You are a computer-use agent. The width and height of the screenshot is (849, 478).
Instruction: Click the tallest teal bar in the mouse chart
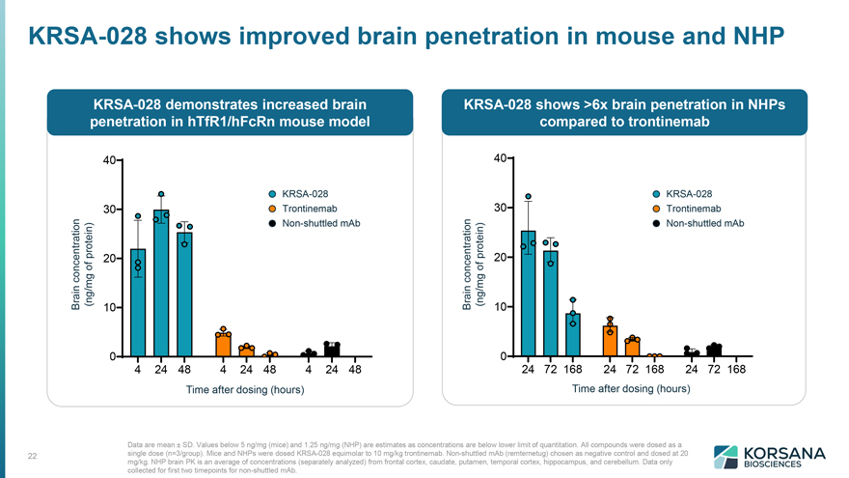[x=161, y=283]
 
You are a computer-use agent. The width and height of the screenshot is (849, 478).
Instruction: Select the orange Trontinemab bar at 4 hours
[x=223, y=346]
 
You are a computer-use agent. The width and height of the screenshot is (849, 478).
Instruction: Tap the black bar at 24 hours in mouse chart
[x=332, y=351]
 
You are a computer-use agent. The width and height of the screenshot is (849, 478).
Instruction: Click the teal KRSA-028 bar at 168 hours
[x=573, y=335]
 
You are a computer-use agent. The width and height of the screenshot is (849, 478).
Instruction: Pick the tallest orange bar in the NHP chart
[x=610, y=341]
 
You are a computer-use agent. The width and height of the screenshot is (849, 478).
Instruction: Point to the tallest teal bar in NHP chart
[x=528, y=294]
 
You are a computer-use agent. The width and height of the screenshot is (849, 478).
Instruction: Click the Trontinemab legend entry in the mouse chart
[x=303, y=209]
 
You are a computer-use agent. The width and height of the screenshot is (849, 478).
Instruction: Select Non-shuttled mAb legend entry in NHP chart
[x=698, y=223]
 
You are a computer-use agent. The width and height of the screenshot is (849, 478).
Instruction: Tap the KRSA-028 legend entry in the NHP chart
[x=682, y=194]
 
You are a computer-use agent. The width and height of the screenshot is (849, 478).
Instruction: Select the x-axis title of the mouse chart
[x=245, y=390]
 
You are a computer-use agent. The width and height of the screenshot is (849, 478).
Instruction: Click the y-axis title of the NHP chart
[x=474, y=265]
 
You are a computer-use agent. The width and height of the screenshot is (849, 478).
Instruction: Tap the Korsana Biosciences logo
[x=770, y=457]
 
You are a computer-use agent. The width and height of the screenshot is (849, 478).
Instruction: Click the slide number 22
[x=33, y=456]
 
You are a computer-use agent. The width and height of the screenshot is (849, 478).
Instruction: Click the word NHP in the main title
[x=758, y=36]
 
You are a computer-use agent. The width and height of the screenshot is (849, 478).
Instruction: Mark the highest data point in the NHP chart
[x=529, y=197]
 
